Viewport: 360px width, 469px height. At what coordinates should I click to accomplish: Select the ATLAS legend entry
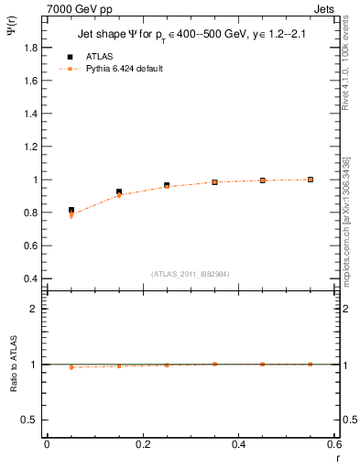click(100, 55)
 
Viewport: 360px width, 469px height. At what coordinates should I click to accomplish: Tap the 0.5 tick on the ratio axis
click(29, 420)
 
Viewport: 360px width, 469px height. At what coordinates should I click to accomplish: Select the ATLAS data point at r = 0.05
click(71, 210)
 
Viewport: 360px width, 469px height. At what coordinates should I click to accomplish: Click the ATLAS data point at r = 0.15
click(119, 192)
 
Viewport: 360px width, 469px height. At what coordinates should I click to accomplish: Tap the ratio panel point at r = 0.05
click(71, 367)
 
